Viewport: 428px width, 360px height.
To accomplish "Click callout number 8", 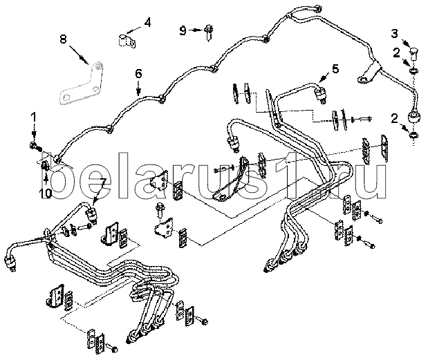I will [63, 39].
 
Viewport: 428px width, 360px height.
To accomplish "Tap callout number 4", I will [147, 21].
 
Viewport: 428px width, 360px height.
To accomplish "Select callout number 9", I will [183, 30].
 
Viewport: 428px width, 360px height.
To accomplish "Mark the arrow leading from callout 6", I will [138, 86].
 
